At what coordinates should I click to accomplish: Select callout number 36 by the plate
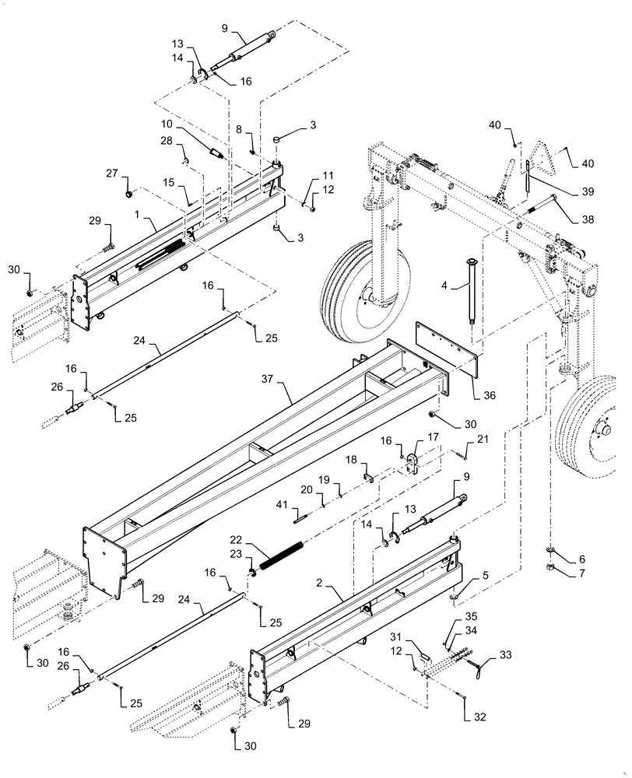(488, 395)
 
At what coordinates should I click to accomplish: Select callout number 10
(168, 124)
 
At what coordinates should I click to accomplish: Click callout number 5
(486, 577)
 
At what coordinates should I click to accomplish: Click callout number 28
(166, 141)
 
